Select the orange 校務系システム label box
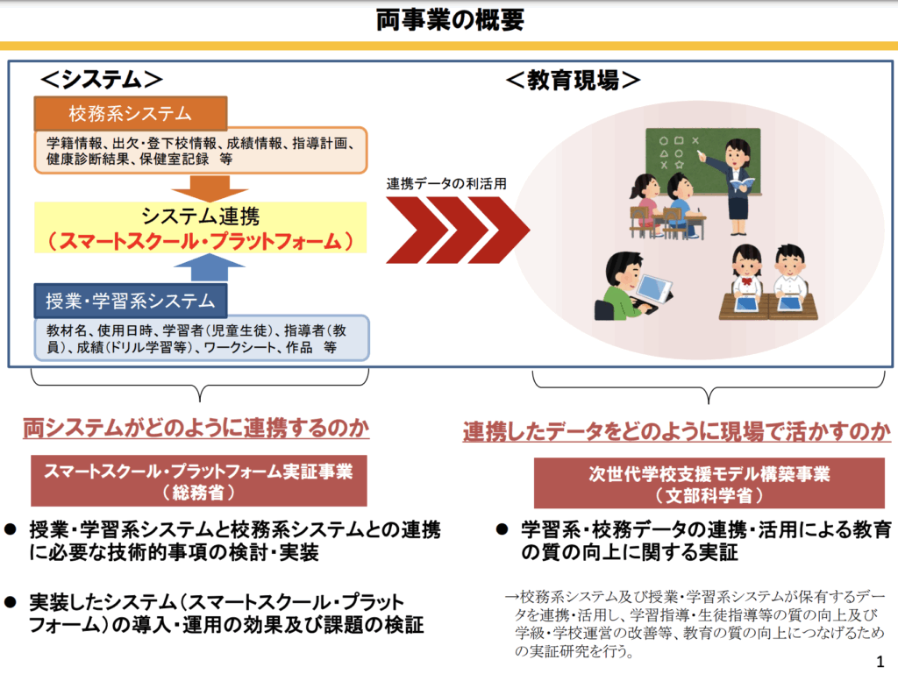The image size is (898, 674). [131, 114]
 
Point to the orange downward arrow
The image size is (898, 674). [202, 187]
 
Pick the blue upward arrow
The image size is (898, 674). [202, 267]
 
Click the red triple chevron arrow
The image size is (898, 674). [456, 230]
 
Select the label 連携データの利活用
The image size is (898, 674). [446, 184]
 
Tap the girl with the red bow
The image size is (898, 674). [746, 272]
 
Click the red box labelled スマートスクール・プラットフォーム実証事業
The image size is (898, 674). [199, 481]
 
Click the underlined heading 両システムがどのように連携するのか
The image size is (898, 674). [196, 429]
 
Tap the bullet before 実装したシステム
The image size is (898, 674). [11, 602]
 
